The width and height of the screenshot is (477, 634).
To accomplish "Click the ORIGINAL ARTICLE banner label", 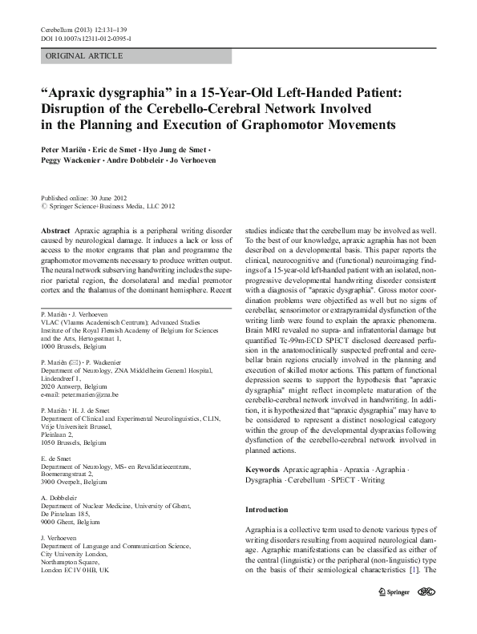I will tap(85, 56).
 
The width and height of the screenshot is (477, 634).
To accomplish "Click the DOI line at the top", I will tap(87, 38).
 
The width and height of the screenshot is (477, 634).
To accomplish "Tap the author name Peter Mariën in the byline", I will tap(64, 150).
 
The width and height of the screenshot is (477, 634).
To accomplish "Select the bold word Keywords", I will tap(264, 468).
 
